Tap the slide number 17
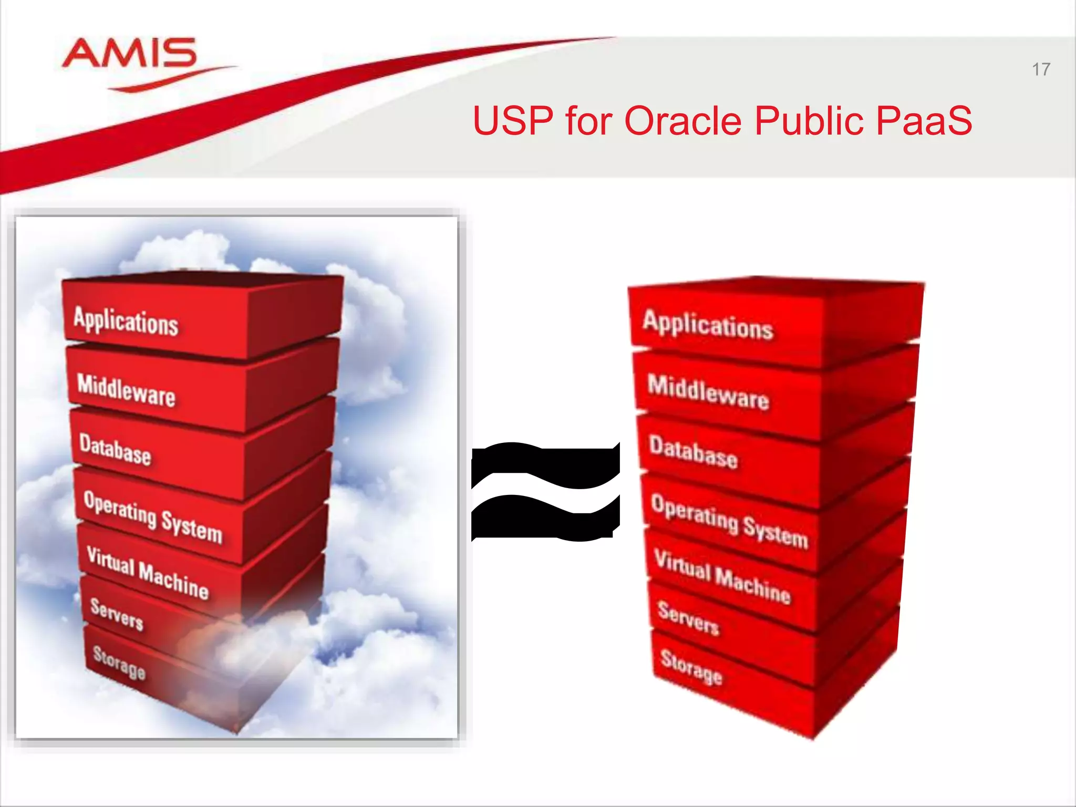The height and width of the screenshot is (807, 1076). pos(1041,69)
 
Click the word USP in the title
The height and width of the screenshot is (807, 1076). pos(512,121)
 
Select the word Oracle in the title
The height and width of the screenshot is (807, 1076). pos(682,121)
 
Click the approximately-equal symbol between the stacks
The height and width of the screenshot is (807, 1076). pos(545,491)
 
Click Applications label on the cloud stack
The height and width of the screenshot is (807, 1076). pos(126,321)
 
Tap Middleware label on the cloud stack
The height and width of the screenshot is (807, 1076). pos(126,389)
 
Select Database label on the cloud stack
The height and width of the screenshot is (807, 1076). pos(115,450)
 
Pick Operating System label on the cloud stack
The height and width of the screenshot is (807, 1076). pos(153,516)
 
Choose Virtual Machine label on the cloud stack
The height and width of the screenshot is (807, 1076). pos(148,573)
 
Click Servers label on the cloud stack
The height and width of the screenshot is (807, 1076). pos(117,614)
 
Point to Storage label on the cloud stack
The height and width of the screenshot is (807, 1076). pos(119,663)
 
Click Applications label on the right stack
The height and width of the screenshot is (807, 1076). pos(708,325)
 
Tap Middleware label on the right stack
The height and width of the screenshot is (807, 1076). pos(708,392)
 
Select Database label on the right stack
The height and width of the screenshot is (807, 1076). pos(694,452)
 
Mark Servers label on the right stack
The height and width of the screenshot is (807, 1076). pos(688,618)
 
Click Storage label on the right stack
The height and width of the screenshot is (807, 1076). pos(691,668)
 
